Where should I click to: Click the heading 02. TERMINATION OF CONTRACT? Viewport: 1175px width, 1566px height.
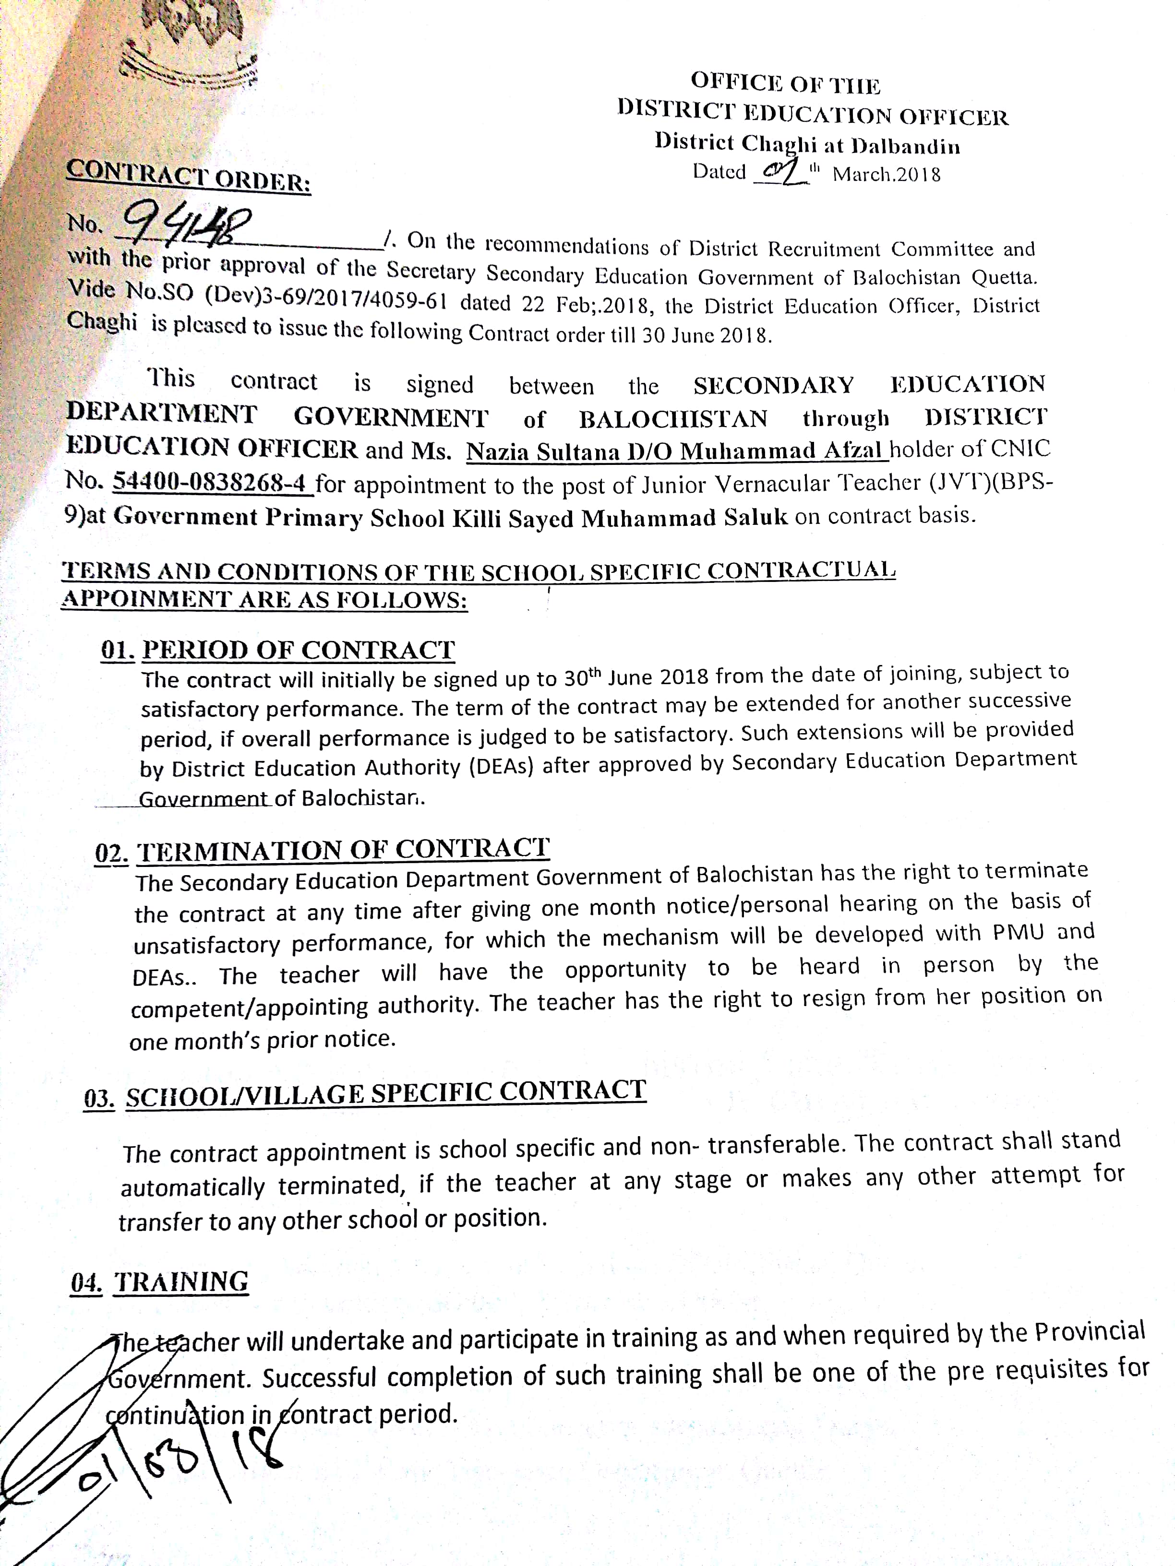322,850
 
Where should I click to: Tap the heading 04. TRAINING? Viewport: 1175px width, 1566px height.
159,1282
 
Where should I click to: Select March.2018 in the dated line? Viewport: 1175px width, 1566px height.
886,174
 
